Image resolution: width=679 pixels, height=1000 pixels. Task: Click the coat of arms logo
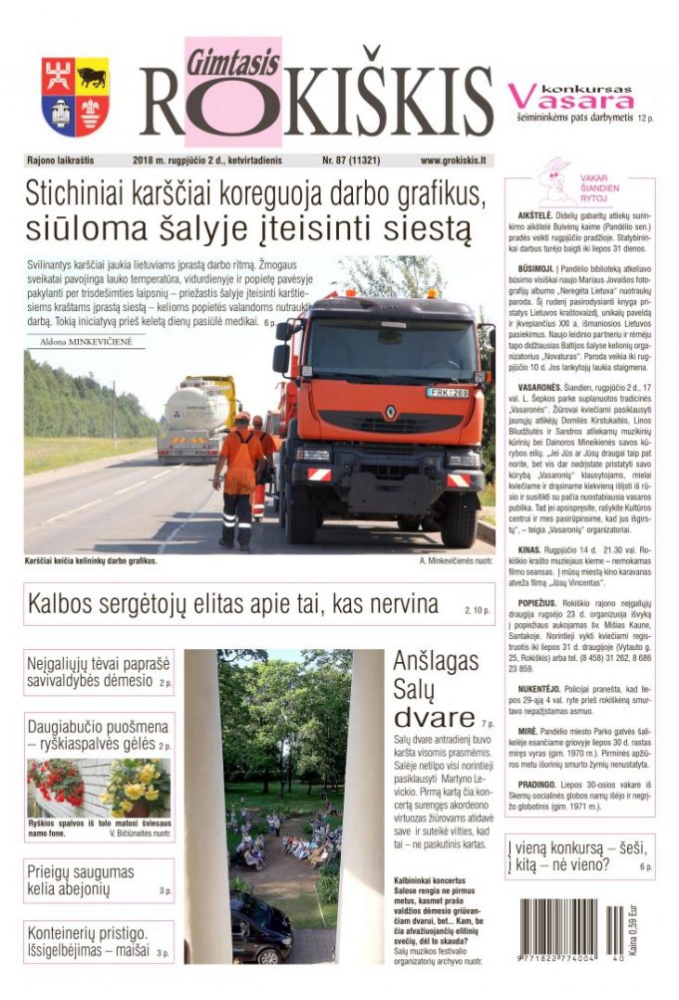(x=75, y=96)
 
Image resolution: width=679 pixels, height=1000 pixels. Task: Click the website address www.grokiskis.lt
(x=453, y=160)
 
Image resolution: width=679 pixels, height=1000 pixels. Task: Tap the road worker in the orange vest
(x=238, y=479)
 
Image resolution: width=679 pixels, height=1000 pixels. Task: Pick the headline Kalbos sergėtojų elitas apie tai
(x=233, y=604)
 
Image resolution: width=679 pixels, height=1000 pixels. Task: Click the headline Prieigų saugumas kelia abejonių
(x=81, y=880)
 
